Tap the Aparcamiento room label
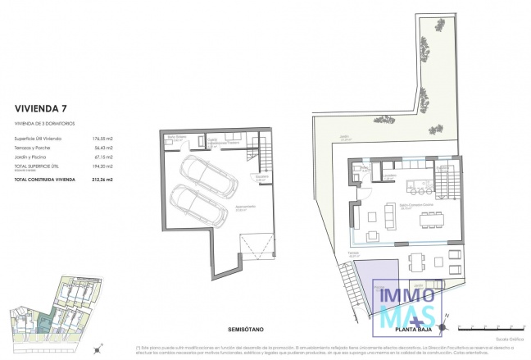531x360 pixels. tap(245, 206)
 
